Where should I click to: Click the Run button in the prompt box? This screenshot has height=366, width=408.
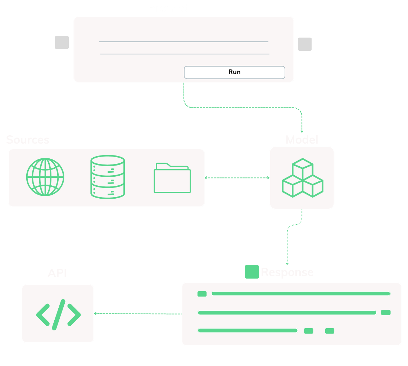point(234,72)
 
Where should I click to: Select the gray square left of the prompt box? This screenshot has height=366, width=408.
point(62,42)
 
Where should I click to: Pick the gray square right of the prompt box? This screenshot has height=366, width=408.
point(305,44)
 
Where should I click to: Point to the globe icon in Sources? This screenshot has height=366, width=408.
point(45,177)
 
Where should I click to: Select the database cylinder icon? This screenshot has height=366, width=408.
point(107,177)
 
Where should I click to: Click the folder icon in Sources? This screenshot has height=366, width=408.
point(172,178)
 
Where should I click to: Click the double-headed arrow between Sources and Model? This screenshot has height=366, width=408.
point(237,178)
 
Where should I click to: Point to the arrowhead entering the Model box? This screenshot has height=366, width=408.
point(302,131)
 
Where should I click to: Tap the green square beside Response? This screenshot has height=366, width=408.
point(252,272)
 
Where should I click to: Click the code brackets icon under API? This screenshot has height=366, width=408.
point(58,314)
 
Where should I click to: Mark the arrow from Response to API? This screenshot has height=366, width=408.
point(137,314)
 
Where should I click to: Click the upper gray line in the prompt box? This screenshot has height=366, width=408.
point(183,42)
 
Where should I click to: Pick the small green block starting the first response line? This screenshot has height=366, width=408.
point(202,294)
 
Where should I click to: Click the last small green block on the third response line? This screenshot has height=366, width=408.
point(330,331)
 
